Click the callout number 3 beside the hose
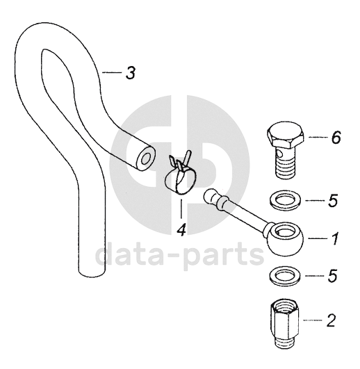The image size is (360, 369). pos(131,73)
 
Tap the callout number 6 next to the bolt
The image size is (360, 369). pos(336,137)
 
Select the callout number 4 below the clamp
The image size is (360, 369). pos(181,229)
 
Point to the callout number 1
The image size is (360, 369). pos(335,238)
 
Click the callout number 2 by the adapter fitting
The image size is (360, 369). pos(331,320)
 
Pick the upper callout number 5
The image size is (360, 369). pos(333,201)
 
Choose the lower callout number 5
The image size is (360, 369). pos(333,276)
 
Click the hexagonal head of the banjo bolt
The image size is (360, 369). pos(286,135)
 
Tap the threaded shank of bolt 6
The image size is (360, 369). pos(285,165)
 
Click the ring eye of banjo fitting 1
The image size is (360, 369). pos(270,240)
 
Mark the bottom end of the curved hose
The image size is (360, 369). pos(91,273)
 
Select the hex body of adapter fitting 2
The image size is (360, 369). pos(284,320)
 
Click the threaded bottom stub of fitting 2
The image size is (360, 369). pos(285,343)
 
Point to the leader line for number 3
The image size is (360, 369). pos(112,73)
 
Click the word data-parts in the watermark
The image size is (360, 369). pos(179,255)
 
